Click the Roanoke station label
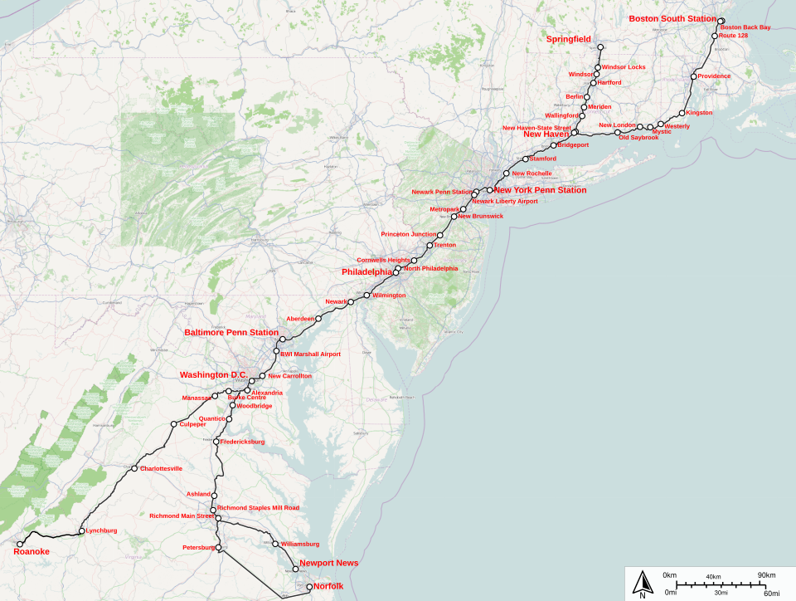click(32, 551)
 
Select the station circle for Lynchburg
click(81, 530)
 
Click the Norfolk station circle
click(310, 587)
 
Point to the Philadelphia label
click(366, 272)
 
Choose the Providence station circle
click(693, 77)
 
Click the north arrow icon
click(642, 583)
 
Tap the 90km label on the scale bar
click(765, 575)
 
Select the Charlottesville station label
click(161, 468)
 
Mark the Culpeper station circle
click(173, 425)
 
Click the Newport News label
click(329, 563)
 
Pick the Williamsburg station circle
click(275, 544)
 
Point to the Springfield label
click(568, 39)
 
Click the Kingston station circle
click(682, 113)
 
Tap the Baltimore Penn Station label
click(231, 333)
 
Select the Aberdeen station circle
click(318, 318)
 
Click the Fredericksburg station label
click(242, 442)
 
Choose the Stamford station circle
click(525, 159)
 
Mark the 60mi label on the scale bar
click(771, 592)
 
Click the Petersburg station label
click(198, 548)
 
